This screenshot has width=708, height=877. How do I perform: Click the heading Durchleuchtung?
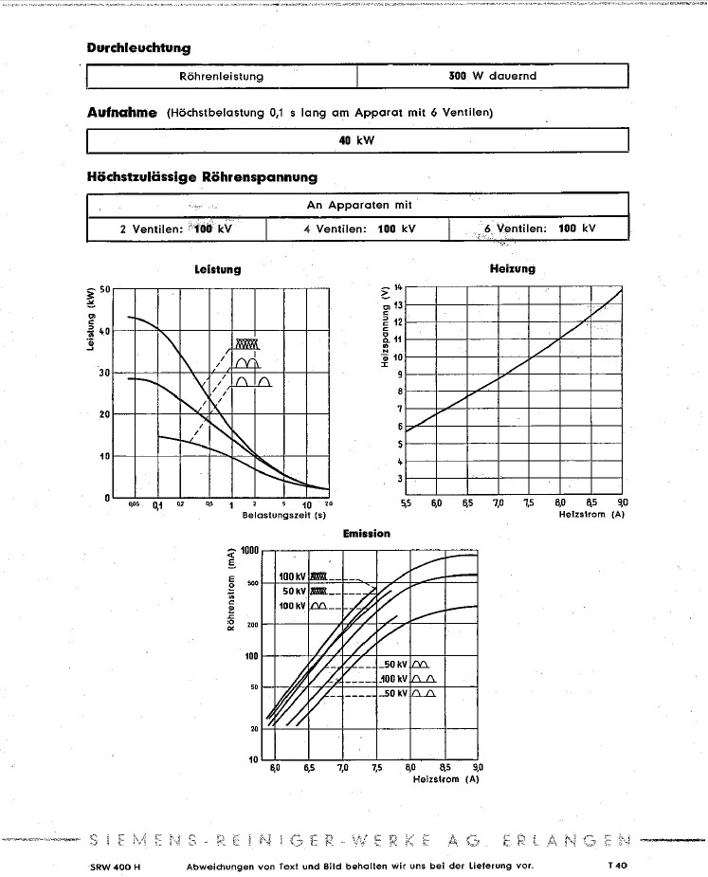point(138,47)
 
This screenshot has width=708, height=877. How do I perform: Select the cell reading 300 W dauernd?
point(493,75)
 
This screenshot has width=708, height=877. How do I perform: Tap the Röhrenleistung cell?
point(221,75)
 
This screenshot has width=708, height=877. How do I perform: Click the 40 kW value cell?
point(357,140)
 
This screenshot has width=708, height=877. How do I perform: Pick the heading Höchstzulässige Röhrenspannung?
point(202,176)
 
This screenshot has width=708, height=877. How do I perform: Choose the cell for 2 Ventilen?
point(176,228)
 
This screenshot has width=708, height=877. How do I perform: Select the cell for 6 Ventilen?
point(538,228)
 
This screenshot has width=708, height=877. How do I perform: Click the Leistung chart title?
point(217,269)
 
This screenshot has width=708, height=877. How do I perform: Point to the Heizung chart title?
point(512,268)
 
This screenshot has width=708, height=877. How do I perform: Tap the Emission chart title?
point(366,534)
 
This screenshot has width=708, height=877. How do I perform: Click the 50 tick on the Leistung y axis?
point(105,289)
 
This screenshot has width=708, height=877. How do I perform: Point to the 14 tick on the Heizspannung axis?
point(398,285)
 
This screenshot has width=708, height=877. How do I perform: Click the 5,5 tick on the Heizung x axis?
point(406,502)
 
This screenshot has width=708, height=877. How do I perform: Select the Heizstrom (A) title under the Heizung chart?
point(592,514)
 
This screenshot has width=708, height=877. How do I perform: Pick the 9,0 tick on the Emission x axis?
point(478,768)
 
